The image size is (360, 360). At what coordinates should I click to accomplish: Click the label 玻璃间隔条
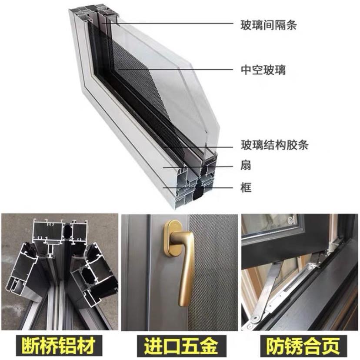[x=268, y=25]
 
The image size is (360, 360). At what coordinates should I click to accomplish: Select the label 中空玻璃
[x=263, y=70]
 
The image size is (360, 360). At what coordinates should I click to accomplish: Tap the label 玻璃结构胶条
[x=274, y=145]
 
